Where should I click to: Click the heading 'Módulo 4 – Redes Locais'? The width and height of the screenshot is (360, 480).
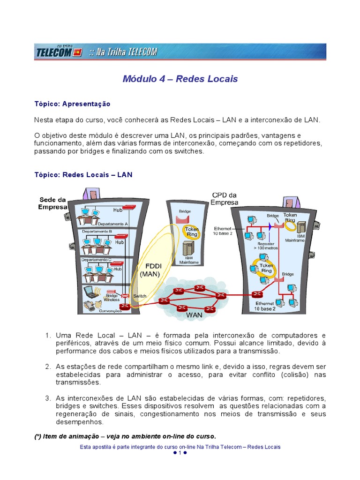coord(180,79)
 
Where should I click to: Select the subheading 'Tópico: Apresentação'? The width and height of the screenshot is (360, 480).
coord(72,104)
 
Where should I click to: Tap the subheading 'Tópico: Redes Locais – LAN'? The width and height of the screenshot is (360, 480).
coord(83,175)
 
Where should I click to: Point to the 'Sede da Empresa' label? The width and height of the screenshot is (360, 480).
coord(52,203)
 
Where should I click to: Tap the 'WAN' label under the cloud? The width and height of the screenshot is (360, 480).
coord(194,315)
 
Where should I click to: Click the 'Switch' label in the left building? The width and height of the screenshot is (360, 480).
coord(139,296)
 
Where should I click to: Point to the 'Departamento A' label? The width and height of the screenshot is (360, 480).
coord(112,224)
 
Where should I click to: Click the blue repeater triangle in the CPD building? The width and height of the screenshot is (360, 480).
coord(270,226)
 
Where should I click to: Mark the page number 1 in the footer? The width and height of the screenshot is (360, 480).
coord(180,453)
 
